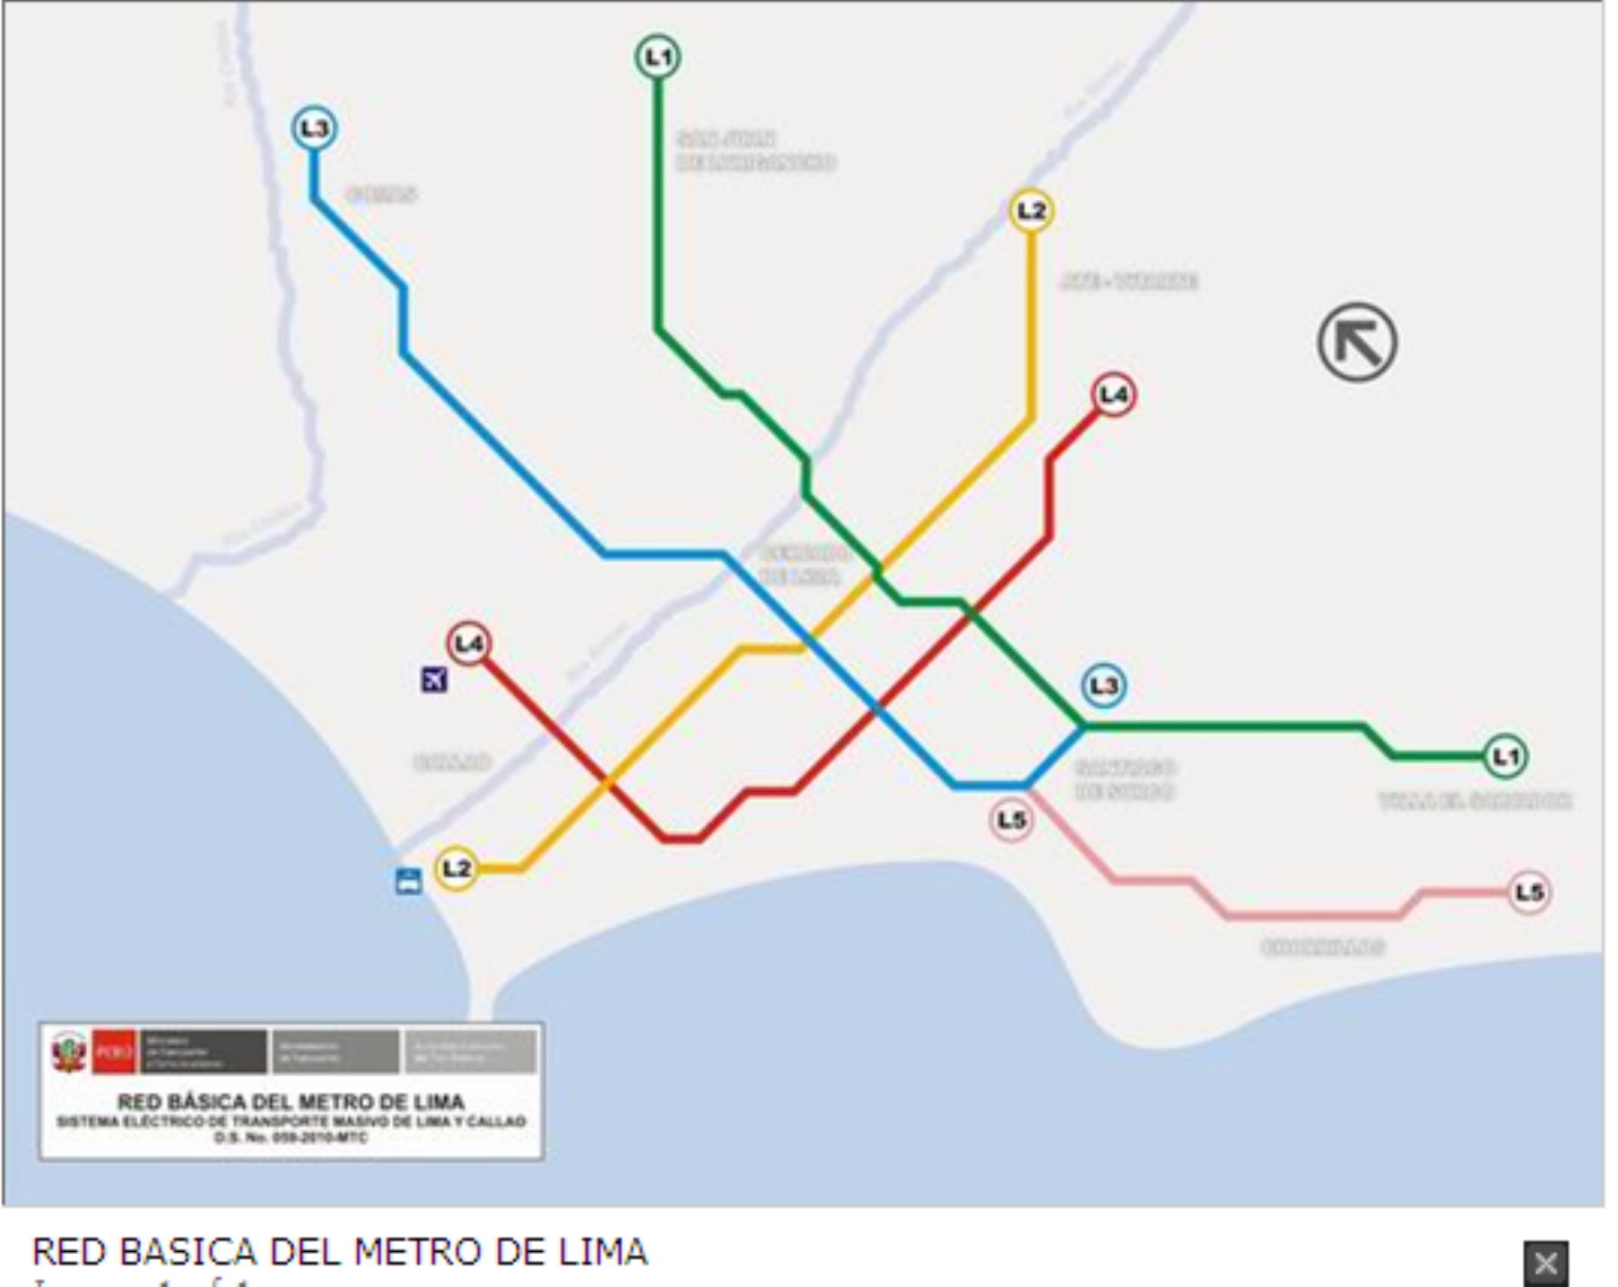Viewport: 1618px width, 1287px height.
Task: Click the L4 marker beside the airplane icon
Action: [468, 643]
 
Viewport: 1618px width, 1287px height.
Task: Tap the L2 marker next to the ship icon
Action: [456, 868]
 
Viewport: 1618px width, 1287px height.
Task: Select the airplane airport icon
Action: [434, 679]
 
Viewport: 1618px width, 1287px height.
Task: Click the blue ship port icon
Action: [409, 881]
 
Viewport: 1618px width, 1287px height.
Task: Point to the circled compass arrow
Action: [1357, 342]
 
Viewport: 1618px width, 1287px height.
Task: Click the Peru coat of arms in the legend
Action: [68, 1052]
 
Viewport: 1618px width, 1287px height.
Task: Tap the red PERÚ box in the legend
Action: [113, 1052]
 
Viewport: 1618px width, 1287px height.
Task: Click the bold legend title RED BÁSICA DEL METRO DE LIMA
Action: [291, 1102]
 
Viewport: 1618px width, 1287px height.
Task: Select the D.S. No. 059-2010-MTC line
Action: [291, 1138]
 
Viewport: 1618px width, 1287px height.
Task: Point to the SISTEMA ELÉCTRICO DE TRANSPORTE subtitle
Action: [291, 1122]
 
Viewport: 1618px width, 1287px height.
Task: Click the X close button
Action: [1545, 1264]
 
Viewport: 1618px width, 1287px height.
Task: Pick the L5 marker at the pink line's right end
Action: [1529, 892]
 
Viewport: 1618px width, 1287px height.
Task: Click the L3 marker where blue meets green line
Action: [1103, 686]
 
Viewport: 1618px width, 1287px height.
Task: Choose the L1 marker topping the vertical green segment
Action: [659, 57]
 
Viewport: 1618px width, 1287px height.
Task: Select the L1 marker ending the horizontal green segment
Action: [1505, 757]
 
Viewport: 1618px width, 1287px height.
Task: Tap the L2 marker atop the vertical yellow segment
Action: [1031, 211]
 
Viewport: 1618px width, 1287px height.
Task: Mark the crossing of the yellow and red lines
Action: [609, 784]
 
